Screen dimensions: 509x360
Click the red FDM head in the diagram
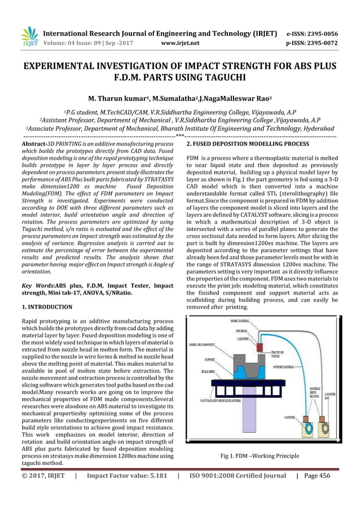[x=261, y=346]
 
